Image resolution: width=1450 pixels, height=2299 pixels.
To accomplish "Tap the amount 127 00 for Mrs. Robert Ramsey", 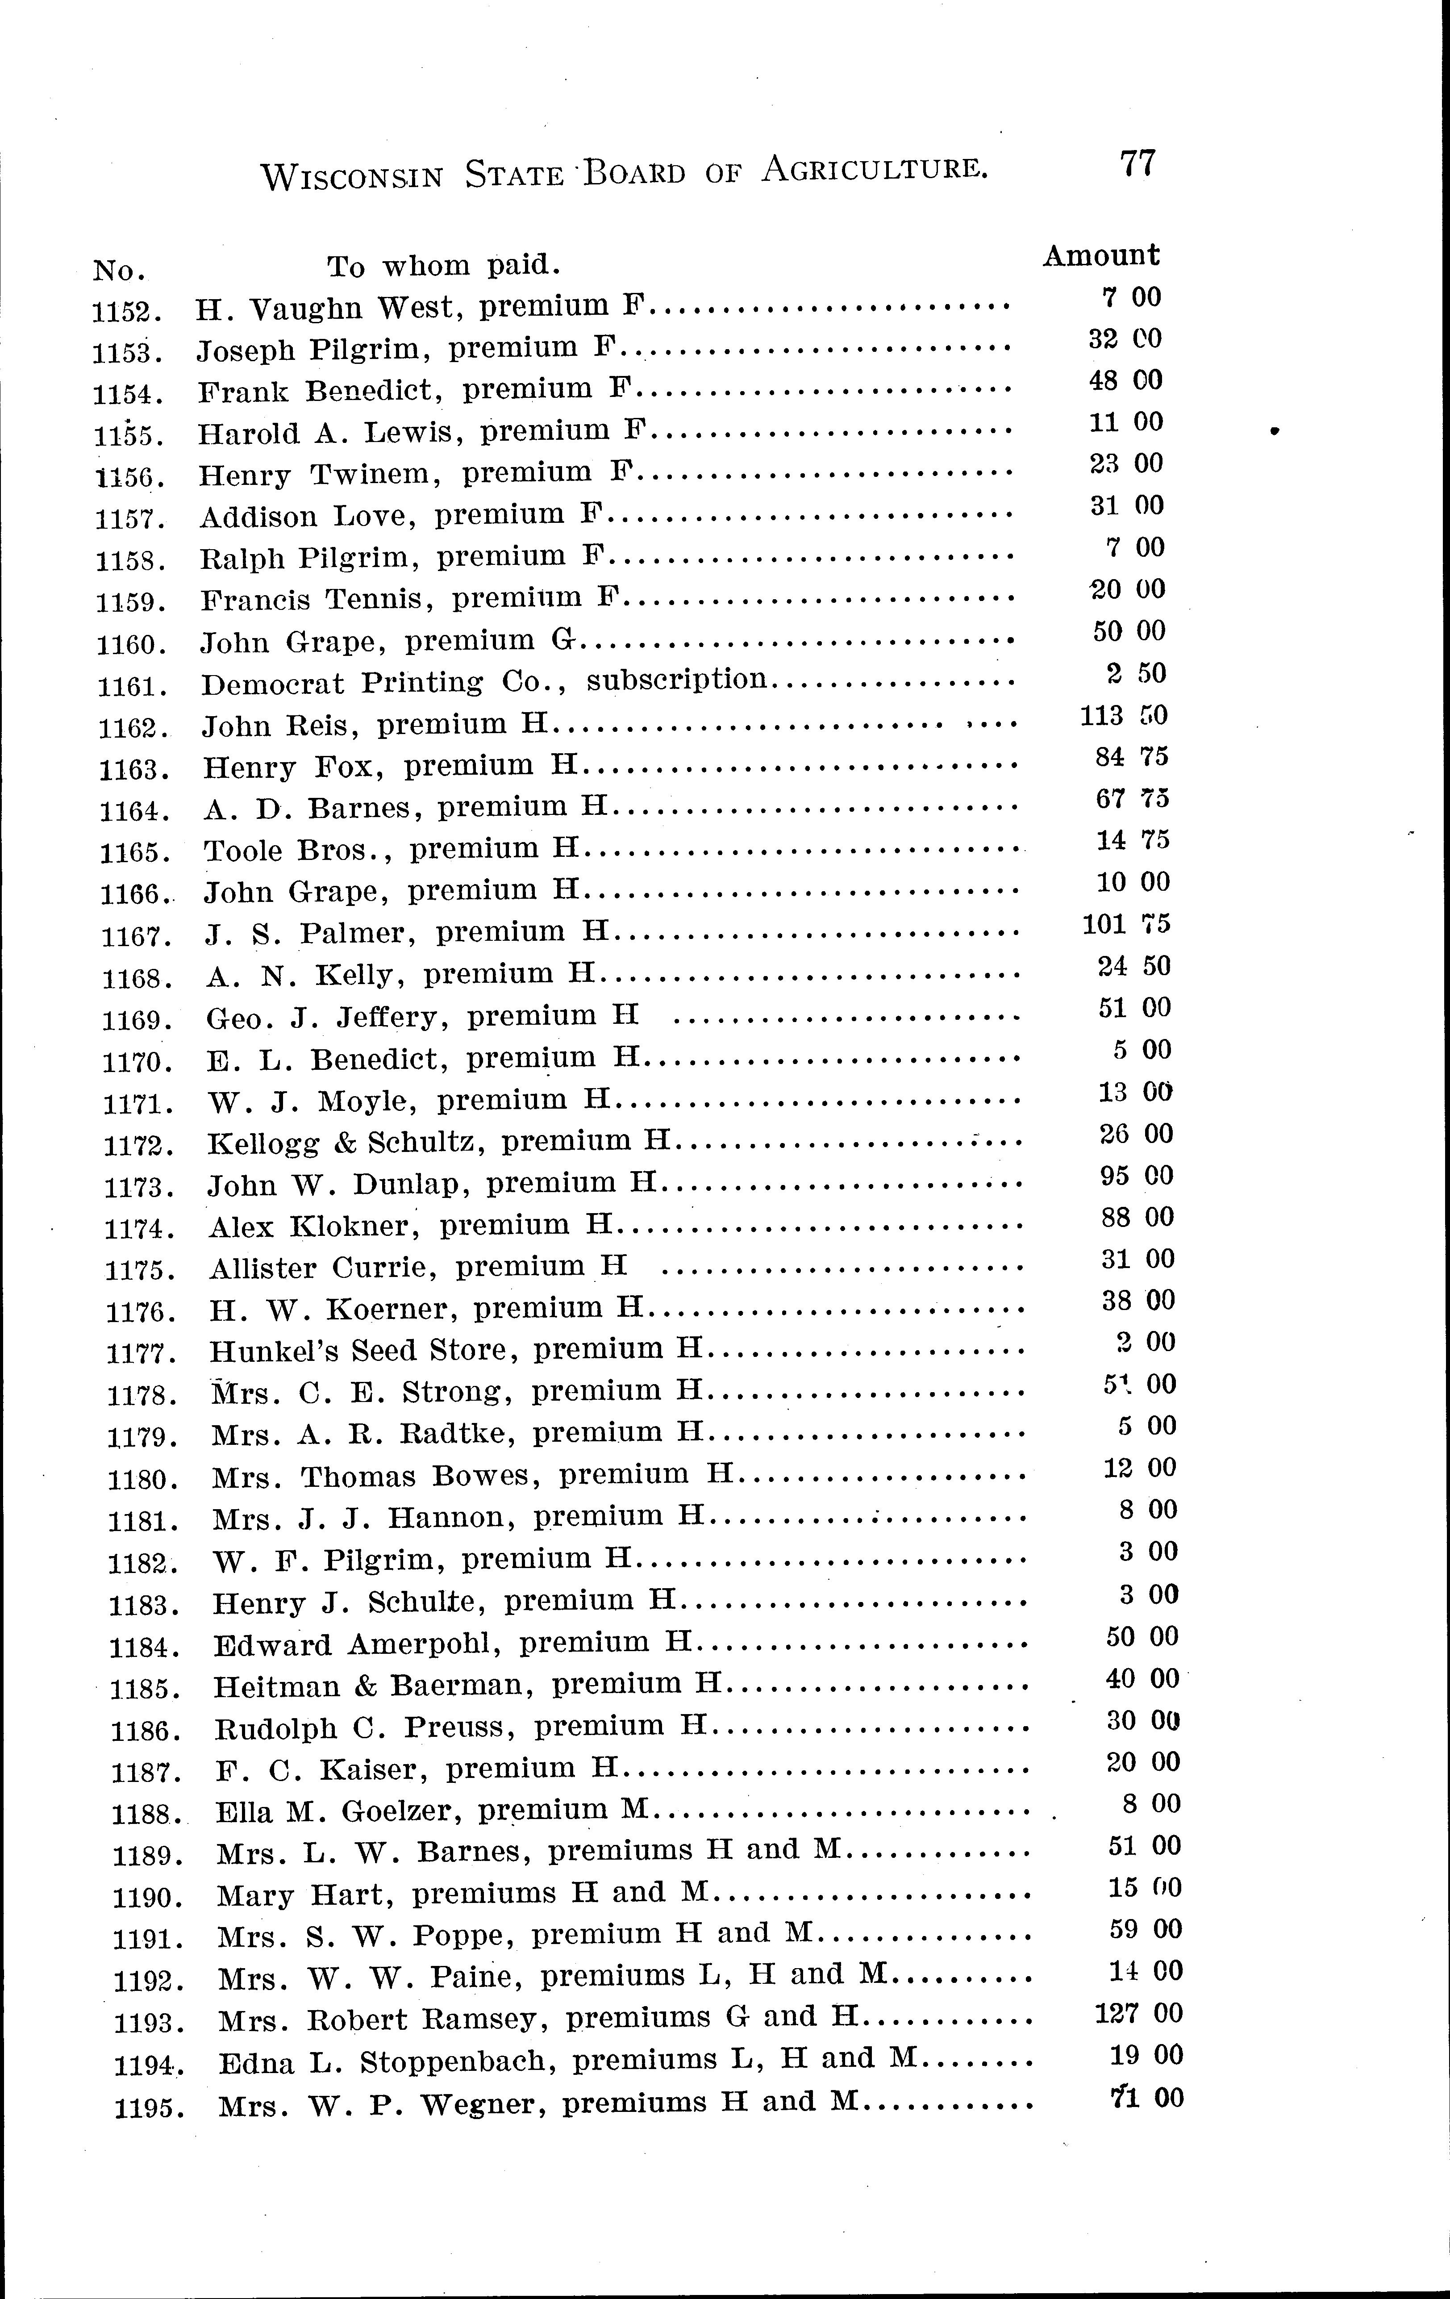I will (x=1138, y=2013).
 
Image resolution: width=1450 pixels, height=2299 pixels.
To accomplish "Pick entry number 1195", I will (x=149, y=2106).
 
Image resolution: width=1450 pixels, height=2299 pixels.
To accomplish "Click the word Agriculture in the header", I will (x=873, y=170).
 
